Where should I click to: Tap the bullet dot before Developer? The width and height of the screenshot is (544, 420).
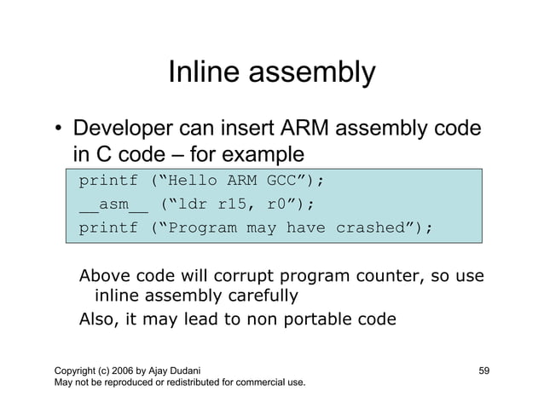(57, 131)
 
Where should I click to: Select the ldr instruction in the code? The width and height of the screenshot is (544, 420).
(194, 204)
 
